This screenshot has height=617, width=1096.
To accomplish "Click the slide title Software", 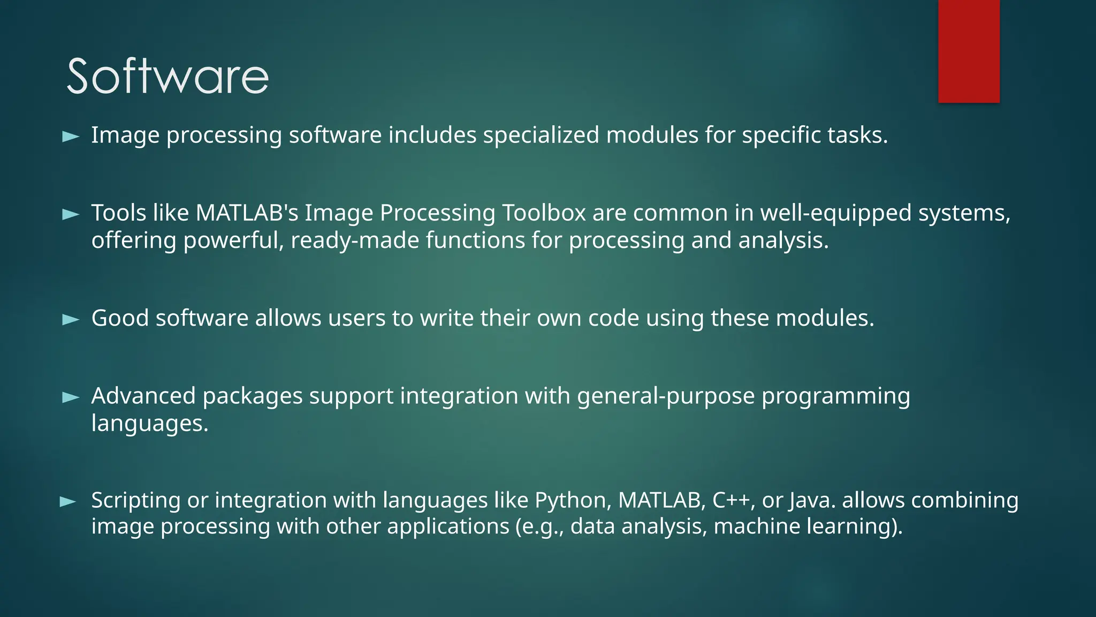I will click(168, 77).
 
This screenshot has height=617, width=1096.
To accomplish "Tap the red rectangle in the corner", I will click(969, 51).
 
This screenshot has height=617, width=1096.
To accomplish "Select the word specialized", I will click(541, 135).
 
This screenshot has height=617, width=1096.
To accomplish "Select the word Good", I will click(120, 318).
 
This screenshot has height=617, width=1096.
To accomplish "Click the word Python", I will click(573, 500).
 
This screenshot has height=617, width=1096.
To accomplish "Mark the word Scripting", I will click(136, 500).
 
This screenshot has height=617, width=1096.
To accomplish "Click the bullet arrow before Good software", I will click(71, 320).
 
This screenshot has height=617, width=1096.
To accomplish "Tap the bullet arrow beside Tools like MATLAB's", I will click(71, 215).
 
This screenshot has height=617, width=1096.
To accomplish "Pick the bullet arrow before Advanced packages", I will click(71, 397).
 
